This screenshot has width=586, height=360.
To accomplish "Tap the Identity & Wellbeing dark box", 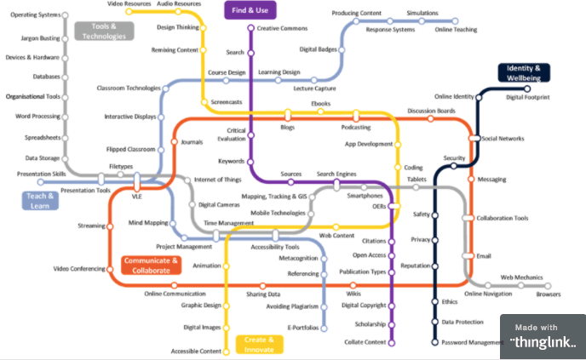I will point(525,73).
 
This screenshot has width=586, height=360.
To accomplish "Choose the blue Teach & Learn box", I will point(41,201).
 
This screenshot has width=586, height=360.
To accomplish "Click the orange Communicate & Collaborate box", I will point(152,265).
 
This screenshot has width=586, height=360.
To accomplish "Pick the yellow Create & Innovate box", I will point(258,345).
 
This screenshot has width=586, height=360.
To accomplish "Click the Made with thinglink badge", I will point(543,336).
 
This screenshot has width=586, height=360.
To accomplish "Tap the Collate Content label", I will point(364,342).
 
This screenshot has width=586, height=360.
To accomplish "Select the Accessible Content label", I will point(197,351).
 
